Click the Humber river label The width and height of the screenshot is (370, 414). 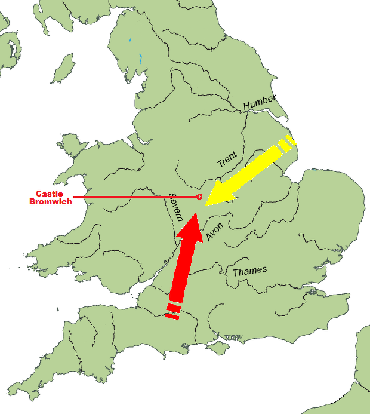pyautogui.click(x=260, y=102)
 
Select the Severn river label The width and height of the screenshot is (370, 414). pyautogui.click(x=174, y=207)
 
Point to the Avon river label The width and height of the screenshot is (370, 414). pyautogui.click(x=213, y=231)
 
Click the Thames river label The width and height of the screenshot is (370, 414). pyautogui.click(x=249, y=271)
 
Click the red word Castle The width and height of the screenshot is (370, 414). pyautogui.click(x=50, y=194)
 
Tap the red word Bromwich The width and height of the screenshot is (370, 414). pyautogui.click(x=50, y=201)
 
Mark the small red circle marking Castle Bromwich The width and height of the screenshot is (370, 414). pyautogui.click(x=199, y=197)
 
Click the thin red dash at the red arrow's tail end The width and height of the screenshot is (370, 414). pyautogui.click(x=171, y=317)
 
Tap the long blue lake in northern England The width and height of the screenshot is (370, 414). pyautogui.click(x=140, y=58)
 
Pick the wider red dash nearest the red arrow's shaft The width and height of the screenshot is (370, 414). pyautogui.click(x=173, y=308)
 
